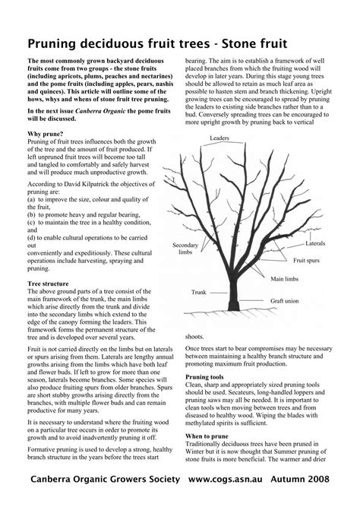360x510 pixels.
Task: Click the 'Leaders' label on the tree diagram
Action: coord(219,138)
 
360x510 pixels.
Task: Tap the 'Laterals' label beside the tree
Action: coord(315,243)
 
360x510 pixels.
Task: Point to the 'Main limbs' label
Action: coord(286,279)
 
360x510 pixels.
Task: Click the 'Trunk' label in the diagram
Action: coord(199,292)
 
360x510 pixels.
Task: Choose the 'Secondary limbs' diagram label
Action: coord(185,250)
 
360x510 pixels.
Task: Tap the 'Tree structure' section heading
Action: coord(51,283)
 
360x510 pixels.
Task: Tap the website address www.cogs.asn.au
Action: coord(235,480)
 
